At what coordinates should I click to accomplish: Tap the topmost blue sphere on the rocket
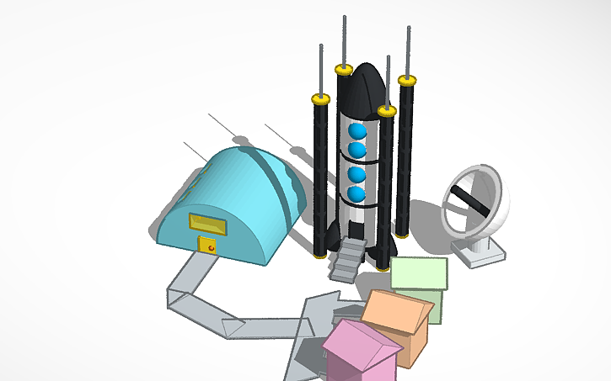tap(357, 131)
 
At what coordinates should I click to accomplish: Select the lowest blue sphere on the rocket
tap(357, 195)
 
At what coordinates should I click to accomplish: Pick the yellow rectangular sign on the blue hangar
tap(207, 224)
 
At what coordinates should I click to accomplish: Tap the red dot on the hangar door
tap(211, 248)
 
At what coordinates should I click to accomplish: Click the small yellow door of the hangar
tap(207, 245)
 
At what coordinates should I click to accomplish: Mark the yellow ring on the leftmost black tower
tap(320, 99)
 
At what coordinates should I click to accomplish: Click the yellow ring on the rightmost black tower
tap(408, 81)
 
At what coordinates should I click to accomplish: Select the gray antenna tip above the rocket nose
tap(345, 38)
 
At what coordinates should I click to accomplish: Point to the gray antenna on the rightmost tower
tap(409, 50)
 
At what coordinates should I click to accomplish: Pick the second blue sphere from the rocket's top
tap(357, 151)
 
